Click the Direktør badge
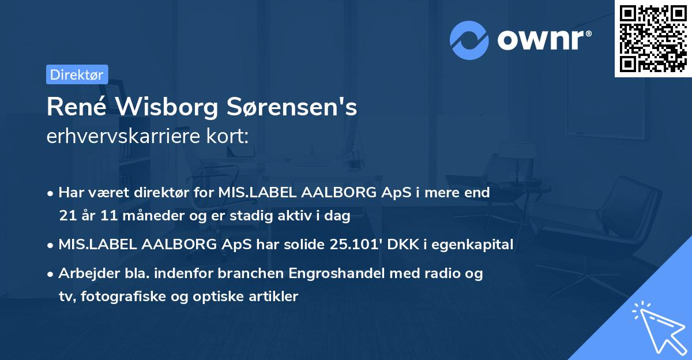point(77,74)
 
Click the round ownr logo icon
point(469,40)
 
